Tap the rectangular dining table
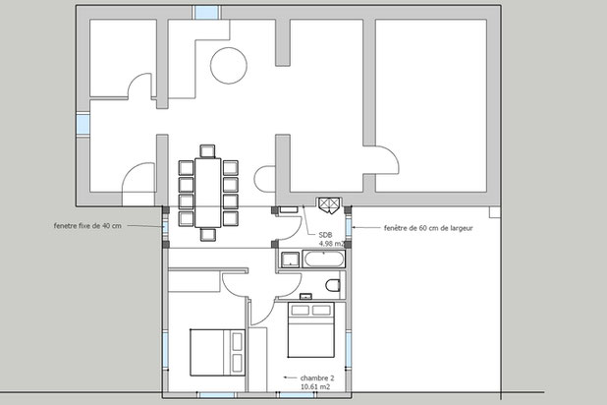pyautogui.click(x=208, y=193)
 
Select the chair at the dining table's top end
pyautogui.click(x=207, y=151)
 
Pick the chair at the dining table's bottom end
pyautogui.click(x=208, y=235)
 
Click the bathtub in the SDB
pyautogui.click(x=323, y=259)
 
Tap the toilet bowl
pyautogui.click(x=333, y=286)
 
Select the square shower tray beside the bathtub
pyautogui.click(x=290, y=260)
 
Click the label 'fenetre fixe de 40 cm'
pyautogui.click(x=87, y=226)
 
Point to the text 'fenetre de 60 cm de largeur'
pyautogui.click(x=428, y=228)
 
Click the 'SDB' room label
pyautogui.click(x=325, y=235)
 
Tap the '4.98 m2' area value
pyautogui.click(x=331, y=244)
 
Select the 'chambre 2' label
pyautogui.click(x=317, y=377)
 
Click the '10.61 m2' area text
pyautogui.click(x=315, y=386)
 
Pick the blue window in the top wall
pyautogui.click(x=206, y=12)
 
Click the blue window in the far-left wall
pyautogui.click(x=83, y=124)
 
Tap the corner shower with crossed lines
pyautogui.click(x=329, y=204)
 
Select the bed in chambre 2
pyautogui.click(x=310, y=330)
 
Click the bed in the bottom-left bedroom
pyautogui.click(x=217, y=352)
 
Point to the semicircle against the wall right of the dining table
pyautogui.click(x=254, y=179)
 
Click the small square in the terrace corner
pyautogui.click(x=495, y=212)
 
